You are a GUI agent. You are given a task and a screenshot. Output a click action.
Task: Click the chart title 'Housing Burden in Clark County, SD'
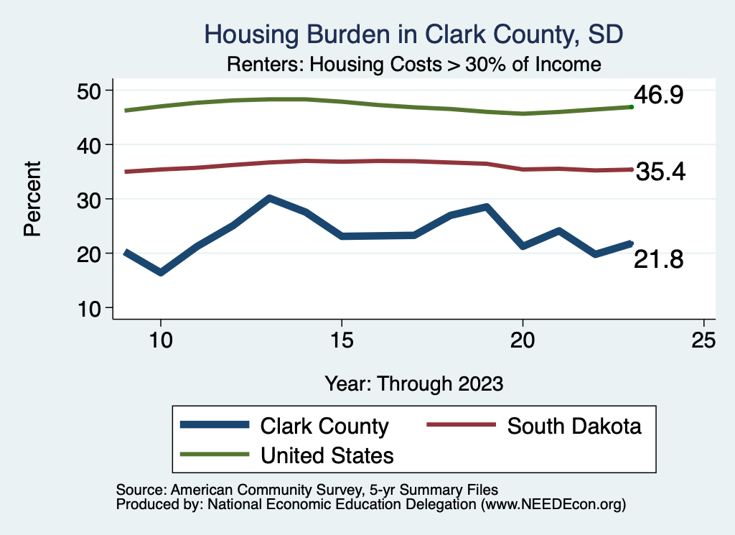(x=413, y=34)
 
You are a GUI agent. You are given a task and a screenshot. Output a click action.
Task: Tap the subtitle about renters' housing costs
(x=413, y=64)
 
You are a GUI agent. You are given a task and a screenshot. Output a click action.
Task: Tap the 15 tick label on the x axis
(x=342, y=339)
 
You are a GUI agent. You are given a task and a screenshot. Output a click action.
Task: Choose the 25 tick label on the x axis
(x=704, y=339)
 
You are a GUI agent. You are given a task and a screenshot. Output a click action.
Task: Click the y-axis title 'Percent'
(x=32, y=199)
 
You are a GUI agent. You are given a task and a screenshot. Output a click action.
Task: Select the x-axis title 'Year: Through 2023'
(x=413, y=383)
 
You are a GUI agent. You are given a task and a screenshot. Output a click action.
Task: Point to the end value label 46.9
(x=657, y=96)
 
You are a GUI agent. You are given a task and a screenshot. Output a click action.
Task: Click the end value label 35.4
(x=661, y=172)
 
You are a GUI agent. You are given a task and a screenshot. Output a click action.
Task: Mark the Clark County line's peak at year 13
(x=269, y=197)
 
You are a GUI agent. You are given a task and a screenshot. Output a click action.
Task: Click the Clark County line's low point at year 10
(x=161, y=273)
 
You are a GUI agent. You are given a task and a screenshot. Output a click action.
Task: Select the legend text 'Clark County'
(x=324, y=426)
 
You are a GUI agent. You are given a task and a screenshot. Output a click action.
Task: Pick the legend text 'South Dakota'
(x=574, y=426)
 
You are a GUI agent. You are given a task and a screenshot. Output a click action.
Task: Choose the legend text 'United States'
(x=327, y=455)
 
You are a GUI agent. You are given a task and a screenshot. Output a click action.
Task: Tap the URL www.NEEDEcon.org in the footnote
(x=553, y=505)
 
